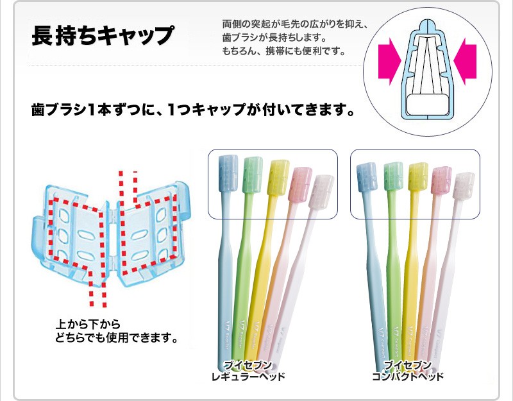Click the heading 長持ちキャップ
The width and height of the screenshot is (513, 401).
(x=103, y=35)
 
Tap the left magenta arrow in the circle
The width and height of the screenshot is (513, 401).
(x=390, y=61)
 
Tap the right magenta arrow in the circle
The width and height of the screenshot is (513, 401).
(x=464, y=61)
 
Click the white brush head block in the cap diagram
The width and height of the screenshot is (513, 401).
(x=428, y=104)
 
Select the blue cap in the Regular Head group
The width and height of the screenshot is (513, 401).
(x=228, y=173)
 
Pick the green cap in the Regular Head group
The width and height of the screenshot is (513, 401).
(x=252, y=175)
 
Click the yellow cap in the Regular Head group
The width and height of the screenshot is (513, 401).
(x=278, y=178)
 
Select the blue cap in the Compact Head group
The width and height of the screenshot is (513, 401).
(x=367, y=177)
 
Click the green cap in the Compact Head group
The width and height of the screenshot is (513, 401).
(x=393, y=176)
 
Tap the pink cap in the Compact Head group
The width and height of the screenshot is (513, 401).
(x=441, y=180)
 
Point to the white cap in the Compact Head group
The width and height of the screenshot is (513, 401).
(x=464, y=186)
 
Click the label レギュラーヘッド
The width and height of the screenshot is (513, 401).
(x=248, y=377)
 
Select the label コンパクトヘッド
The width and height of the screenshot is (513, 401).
(x=408, y=377)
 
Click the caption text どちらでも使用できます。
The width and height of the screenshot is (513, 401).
(x=116, y=337)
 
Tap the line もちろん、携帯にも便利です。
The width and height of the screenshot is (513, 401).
(x=284, y=51)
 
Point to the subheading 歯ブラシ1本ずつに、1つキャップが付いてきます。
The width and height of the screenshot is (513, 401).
(x=193, y=110)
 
